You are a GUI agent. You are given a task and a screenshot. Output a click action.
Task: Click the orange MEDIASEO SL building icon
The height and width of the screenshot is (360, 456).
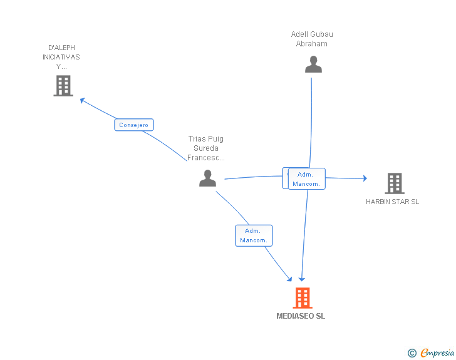tap(303, 298)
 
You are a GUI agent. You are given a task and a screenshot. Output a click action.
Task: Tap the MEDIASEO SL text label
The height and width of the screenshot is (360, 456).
tap(301, 316)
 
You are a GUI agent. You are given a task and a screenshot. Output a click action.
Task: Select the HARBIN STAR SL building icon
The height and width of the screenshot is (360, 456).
tap(395, 183)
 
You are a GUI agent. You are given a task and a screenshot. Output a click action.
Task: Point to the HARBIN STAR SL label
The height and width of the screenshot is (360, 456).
tap(392, 202)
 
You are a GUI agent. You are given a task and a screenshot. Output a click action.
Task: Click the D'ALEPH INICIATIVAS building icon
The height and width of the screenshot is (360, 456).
tap(63, 86)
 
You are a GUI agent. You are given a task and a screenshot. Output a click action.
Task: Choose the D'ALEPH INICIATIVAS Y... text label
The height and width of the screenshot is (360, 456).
tap(61, 57)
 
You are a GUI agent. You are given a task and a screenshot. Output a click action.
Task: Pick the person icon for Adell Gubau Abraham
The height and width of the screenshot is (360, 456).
tap(313, 64)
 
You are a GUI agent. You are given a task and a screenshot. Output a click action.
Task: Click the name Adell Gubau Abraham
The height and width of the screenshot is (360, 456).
tap(312, 39)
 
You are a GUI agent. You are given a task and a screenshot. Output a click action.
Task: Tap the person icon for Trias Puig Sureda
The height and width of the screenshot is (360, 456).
tap(208, 178)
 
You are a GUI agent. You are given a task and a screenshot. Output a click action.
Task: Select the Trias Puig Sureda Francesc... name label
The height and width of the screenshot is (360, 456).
tap(206, 148)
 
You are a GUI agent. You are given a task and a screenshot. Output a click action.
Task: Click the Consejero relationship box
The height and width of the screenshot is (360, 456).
tap(134, 125)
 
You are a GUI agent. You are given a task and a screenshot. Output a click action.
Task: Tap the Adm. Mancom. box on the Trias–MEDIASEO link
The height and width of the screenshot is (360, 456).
tap(254, 235)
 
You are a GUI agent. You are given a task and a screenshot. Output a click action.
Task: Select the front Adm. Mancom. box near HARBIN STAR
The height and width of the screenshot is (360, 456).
tap(306, 179)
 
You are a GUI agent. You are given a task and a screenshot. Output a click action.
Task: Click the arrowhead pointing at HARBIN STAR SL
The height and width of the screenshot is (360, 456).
tap(365, 178)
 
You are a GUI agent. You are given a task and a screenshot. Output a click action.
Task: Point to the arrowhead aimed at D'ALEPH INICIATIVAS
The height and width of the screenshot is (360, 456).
tap(82, 100)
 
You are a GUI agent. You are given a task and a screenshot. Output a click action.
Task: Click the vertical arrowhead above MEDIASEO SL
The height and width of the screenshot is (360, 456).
tap(302, 279)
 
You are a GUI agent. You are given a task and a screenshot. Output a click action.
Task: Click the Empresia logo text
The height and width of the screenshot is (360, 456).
tap(437, 353)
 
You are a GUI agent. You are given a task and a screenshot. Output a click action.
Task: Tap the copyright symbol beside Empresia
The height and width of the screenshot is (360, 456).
tap(412, 353)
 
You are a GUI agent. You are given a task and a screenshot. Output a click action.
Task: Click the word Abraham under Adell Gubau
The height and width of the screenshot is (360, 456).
tap(312, 44)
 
